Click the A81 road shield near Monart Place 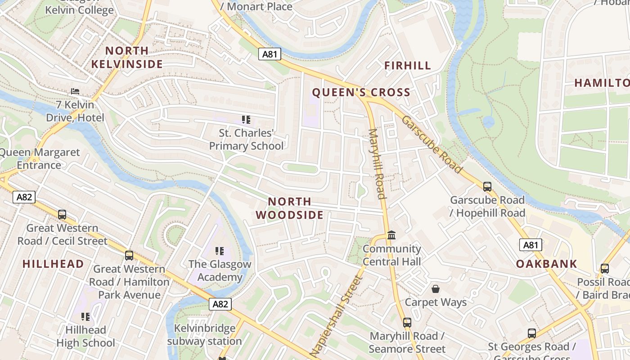coord(270,54)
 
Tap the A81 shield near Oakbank coord(531,245)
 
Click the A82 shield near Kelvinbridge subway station coord(220,304)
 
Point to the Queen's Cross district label coord(361,93)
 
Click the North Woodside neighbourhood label coord(290,208)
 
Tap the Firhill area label coord(408,66)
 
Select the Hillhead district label coord(53,264)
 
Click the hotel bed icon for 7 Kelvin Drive coord(75,91)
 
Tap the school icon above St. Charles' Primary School coord(246,120)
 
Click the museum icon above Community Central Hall coord(391,235)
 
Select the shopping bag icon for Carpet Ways coord(435,288)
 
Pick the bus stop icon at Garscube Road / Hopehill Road coord(487,186)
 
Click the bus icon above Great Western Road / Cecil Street coord(62,215)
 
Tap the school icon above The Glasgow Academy coord(219,251)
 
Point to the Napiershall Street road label coord(337,317)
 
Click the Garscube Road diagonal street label coord(432,144)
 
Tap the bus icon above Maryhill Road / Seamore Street coord(407,322)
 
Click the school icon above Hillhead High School coord(85,316)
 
